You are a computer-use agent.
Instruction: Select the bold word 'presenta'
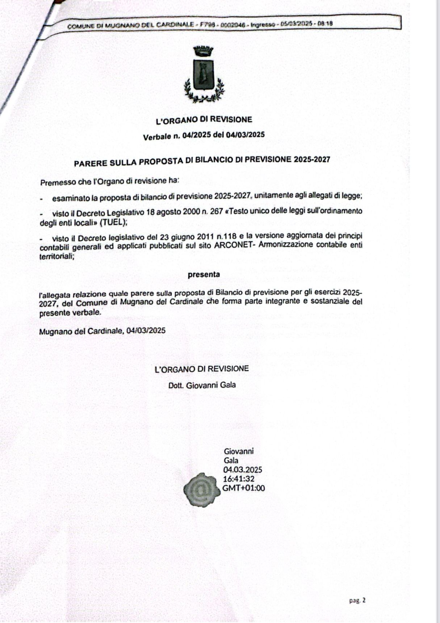pos(204,274)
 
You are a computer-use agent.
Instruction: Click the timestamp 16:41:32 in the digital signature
pos(239,479)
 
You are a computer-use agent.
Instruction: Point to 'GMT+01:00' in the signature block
pos(243,488)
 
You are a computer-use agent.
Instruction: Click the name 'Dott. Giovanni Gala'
pos(202,385)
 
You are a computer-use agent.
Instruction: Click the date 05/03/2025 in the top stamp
pos(297,24)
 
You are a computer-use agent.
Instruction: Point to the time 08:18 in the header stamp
pos(326,24)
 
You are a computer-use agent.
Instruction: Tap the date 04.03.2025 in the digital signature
pos(243,470)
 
